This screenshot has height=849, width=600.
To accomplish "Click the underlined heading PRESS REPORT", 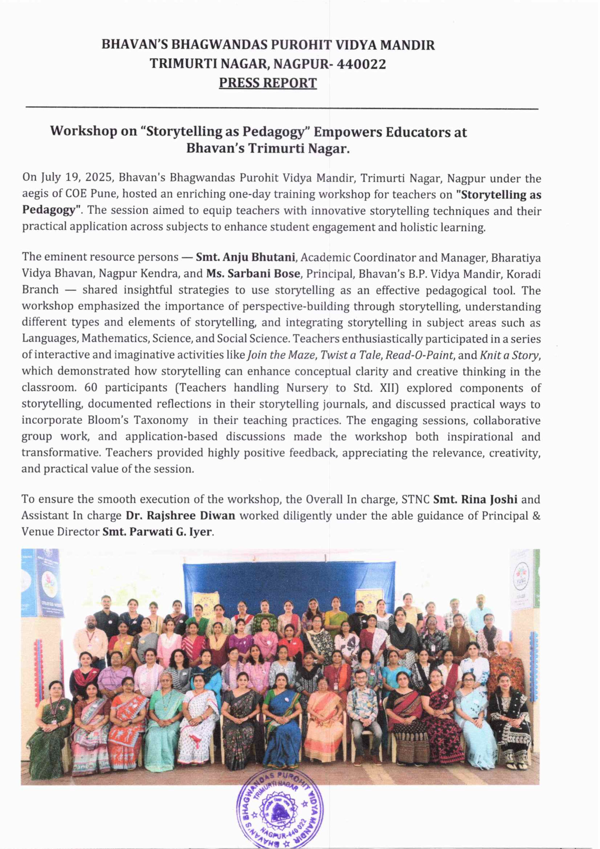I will tap(268, 83).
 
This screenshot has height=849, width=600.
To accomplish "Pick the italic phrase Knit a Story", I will tap(510, 355).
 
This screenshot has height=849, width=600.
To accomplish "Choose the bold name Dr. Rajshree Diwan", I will tap(180, 515).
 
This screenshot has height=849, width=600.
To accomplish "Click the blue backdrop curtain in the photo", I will tap(288, 577).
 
